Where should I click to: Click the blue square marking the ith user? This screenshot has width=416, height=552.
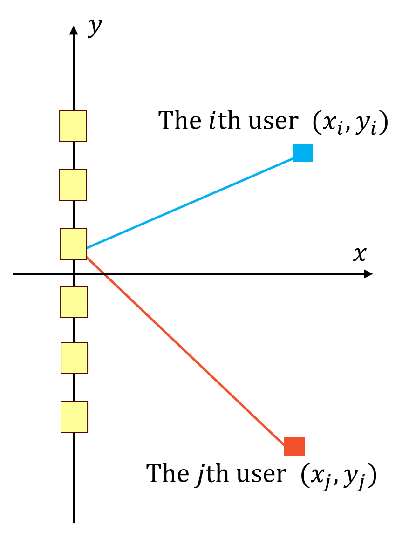tap(303, 153)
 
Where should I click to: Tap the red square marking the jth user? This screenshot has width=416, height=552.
tap(294, 446)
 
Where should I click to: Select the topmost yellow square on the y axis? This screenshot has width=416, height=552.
tap(73, 126)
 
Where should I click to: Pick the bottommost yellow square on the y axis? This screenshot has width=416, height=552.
tap(74, 417)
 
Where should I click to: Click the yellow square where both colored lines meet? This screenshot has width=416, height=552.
tap(74, 244)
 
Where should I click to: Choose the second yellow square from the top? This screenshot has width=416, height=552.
tap(73, 185)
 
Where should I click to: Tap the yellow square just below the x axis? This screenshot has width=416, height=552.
tap(74, 302)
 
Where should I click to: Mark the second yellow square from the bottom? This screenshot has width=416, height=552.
tap(74, 358)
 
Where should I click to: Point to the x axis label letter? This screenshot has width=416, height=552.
tap(359, 254)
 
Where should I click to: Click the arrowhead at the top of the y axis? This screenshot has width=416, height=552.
tap(73, 30)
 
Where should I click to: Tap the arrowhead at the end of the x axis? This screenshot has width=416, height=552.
tap(368, 274)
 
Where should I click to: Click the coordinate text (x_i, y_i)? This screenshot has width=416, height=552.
tap(350, 123)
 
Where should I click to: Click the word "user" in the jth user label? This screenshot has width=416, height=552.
tap(261, 474)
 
